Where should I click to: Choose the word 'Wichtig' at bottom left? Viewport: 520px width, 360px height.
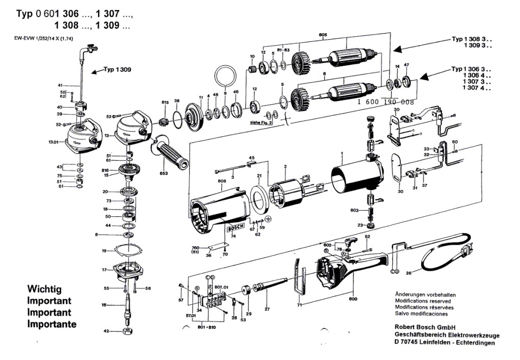tap(44, 289)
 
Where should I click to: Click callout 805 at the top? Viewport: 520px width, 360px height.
tap(322, 35)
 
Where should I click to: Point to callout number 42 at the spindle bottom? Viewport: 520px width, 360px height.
tap(106, 331)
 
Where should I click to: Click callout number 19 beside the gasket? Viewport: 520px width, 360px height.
tap(104, 251)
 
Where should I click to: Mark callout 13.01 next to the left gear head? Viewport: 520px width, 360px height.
tap(54, 142)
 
